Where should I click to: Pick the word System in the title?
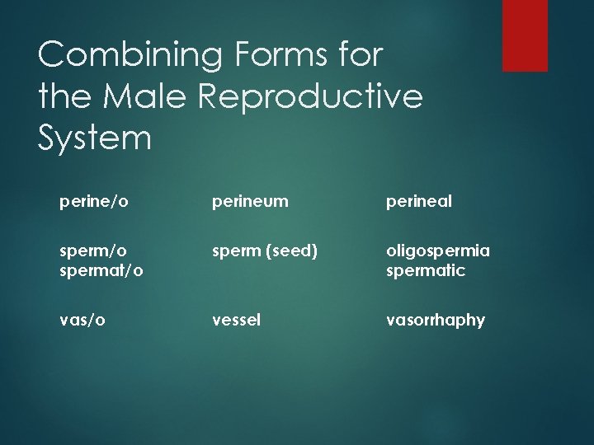point(95,138)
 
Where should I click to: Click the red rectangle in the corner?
point(525,35)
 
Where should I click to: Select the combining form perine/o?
point(93,202)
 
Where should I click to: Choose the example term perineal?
point(418,202)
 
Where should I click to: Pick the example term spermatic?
point(426,270)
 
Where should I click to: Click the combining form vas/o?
point(82,320)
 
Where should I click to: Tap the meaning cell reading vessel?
point(237,320)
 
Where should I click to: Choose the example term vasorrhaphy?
point(436,321)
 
